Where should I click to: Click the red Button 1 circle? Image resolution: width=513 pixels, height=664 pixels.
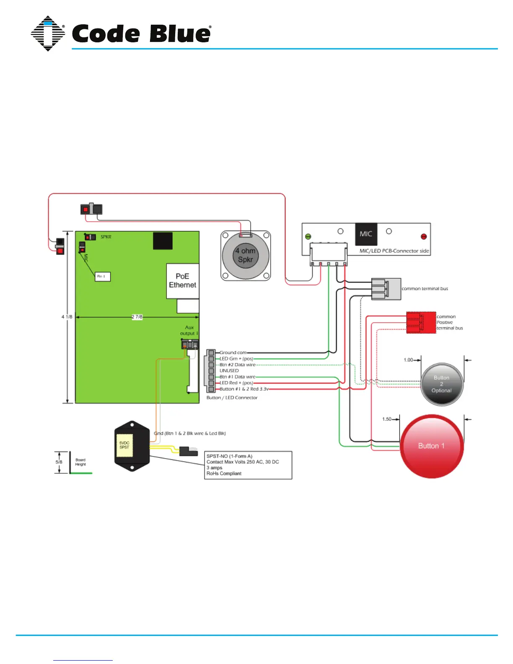pos(431,446)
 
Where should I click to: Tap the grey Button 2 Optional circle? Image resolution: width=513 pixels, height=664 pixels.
pos(442,384)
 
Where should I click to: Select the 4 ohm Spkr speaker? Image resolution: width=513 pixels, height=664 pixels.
pos(246,255)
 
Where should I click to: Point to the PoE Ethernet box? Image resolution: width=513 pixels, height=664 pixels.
pos(182,280)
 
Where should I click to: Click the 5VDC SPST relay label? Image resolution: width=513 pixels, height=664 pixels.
pos(124,445)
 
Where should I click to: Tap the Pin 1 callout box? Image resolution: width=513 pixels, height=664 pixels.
pos(102,276)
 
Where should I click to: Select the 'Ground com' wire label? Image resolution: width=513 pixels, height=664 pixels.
pos(233,353)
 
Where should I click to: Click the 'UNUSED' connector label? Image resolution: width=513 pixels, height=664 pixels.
pos(229,371)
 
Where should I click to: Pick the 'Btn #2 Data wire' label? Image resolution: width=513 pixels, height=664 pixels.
pos(237,365)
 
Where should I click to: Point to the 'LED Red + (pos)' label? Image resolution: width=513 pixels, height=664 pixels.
pos(236,383)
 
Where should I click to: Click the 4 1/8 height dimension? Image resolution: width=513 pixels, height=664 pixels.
pos(67,317)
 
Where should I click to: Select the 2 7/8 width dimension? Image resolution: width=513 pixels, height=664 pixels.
pos(137,317)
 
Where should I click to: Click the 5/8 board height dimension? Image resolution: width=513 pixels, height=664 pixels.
pos(59,462)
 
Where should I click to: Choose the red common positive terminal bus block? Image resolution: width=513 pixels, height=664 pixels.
pos(421,322)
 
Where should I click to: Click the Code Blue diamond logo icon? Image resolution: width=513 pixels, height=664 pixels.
pos(48,34)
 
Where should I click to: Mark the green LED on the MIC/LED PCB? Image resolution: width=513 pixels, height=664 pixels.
pos(308,237)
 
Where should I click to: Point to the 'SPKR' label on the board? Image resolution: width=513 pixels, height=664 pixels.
pos(106,237)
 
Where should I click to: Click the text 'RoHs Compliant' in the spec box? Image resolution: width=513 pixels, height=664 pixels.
pos(224,474)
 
